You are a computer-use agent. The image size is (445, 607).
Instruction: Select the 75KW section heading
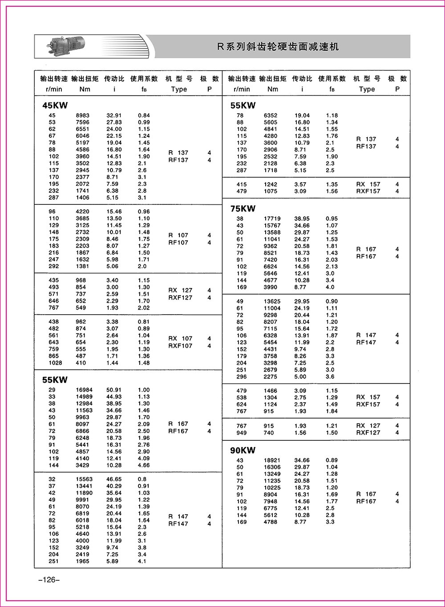(x=243, y=209)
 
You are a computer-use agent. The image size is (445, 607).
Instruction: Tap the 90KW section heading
(x=243, y=451)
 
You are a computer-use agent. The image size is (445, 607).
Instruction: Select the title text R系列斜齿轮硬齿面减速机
(x=278, y=47)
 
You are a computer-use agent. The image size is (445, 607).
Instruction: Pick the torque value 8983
(x=82, y=116)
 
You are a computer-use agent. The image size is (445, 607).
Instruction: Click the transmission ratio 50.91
(x=114, y=390)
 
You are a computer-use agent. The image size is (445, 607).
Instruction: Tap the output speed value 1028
(x=55, y=363)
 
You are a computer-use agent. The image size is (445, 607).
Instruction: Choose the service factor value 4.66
(x=144, y=466)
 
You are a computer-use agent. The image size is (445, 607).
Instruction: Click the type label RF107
(x=178, y=243)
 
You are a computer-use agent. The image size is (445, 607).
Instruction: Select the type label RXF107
(x=180, y=346)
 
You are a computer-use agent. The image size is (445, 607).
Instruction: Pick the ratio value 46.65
(x=114, y=479)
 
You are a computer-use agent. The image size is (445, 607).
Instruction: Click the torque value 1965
(x=82, y=562)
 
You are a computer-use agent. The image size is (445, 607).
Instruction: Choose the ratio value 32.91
(x=114, y=116)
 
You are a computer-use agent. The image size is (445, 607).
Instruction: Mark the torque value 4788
(x=270, y=522)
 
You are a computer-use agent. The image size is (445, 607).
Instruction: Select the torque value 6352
(x=270, y=116)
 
